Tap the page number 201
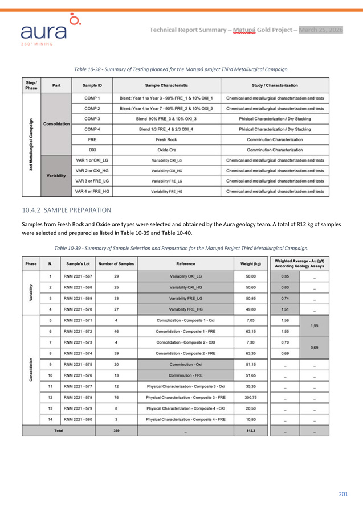click(x=342, y=493)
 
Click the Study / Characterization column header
click(x=278, y=86)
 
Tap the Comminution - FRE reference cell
click(x=185, y=376)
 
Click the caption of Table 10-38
click(x=182, y=69)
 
